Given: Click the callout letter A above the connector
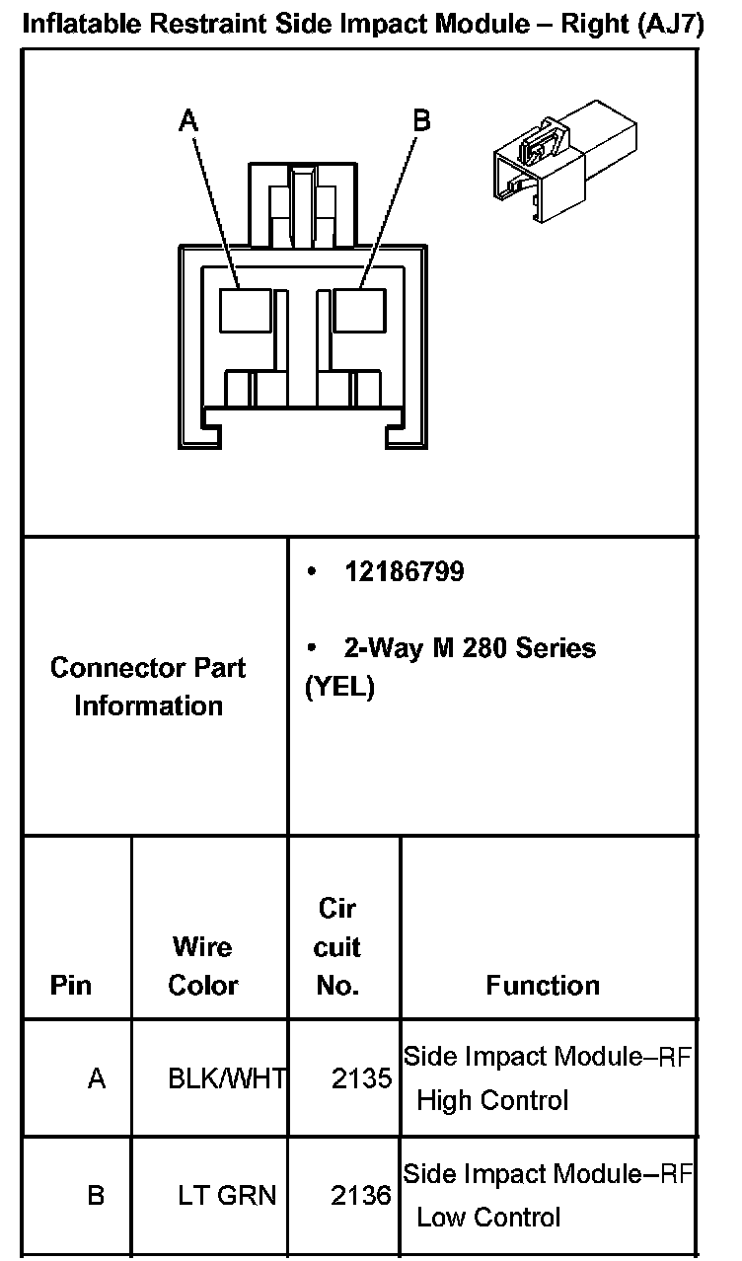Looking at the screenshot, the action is click(x=188, y=120).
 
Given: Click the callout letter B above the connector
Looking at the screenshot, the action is click(x=420, y=120).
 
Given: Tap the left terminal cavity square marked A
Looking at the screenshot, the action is click(x=245, y=311).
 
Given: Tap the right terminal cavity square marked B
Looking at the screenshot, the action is click(x=359, y=311).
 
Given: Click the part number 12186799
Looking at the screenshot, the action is click(x=404, y=572).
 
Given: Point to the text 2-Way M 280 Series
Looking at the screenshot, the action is click(x=470, y=648).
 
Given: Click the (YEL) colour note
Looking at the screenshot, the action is click(x=339, y=687).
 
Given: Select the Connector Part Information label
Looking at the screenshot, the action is click(x=148, y=687).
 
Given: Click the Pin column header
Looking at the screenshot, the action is click(x=70, y=985).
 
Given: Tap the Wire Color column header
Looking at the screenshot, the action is click(x=202, y=966).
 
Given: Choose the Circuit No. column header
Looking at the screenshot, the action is click(x=337, y=946).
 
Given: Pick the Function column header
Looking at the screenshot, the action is click(x=543, y=985).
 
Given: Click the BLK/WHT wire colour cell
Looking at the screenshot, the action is click(x=227, y=1078).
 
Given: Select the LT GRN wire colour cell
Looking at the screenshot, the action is click(x=227, y=1196).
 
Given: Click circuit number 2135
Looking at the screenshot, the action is click(x=361, y=1078).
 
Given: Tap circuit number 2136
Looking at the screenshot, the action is click(x=361, y=1196).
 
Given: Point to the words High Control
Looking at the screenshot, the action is click(x=492, y=1100).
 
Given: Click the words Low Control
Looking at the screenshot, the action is click(x=488, y=1218).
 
